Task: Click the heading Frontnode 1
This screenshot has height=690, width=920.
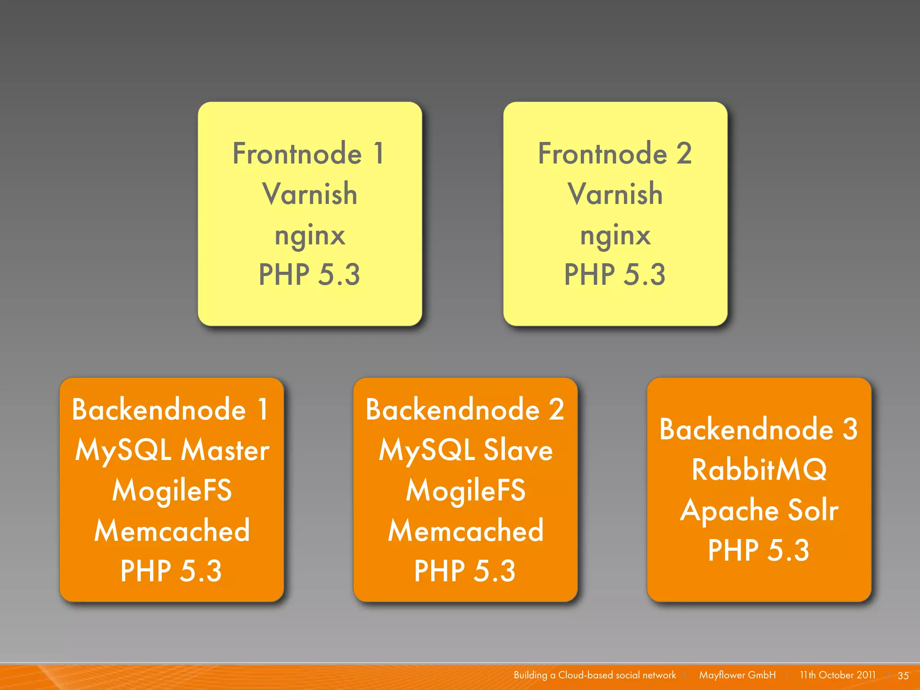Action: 309,154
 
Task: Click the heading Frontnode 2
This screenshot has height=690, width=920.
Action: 615,154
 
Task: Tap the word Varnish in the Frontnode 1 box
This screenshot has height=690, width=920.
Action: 310,194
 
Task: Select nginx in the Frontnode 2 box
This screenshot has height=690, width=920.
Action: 615,235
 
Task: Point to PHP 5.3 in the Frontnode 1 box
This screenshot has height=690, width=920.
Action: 310,274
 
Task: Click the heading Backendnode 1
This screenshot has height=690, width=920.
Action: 171,410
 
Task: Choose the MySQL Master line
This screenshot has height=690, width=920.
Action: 172,450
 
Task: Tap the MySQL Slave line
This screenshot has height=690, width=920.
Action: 465,450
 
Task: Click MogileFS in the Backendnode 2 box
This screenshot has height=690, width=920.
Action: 465,490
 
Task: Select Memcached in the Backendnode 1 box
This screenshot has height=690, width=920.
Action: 172,531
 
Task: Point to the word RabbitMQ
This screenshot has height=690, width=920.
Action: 759,470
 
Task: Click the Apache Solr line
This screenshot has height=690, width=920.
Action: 759,511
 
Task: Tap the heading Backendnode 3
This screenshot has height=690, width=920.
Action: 759,429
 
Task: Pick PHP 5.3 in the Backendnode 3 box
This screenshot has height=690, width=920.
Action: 759,550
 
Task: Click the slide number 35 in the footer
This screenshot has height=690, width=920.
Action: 903,675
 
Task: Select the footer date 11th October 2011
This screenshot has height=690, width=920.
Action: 837,675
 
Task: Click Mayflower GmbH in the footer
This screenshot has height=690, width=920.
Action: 737,675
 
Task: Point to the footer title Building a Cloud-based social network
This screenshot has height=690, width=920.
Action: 594,675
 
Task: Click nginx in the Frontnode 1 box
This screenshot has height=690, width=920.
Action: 310,235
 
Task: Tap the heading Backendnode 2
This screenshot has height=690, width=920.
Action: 465,410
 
